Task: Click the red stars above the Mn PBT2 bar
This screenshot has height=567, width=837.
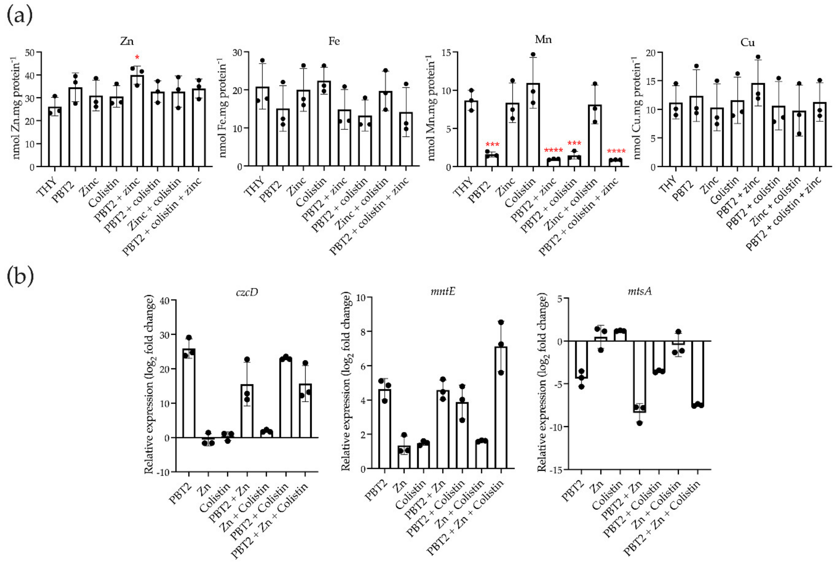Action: pyautogui.click(x=492, y=145)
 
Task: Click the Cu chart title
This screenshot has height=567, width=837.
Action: pyautogui.click(x=747, y=43)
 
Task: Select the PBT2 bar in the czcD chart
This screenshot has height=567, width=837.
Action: pyautogui.click(x=189, y=393)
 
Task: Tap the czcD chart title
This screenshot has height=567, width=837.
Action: pyautogui.click(x=247, y=292)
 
